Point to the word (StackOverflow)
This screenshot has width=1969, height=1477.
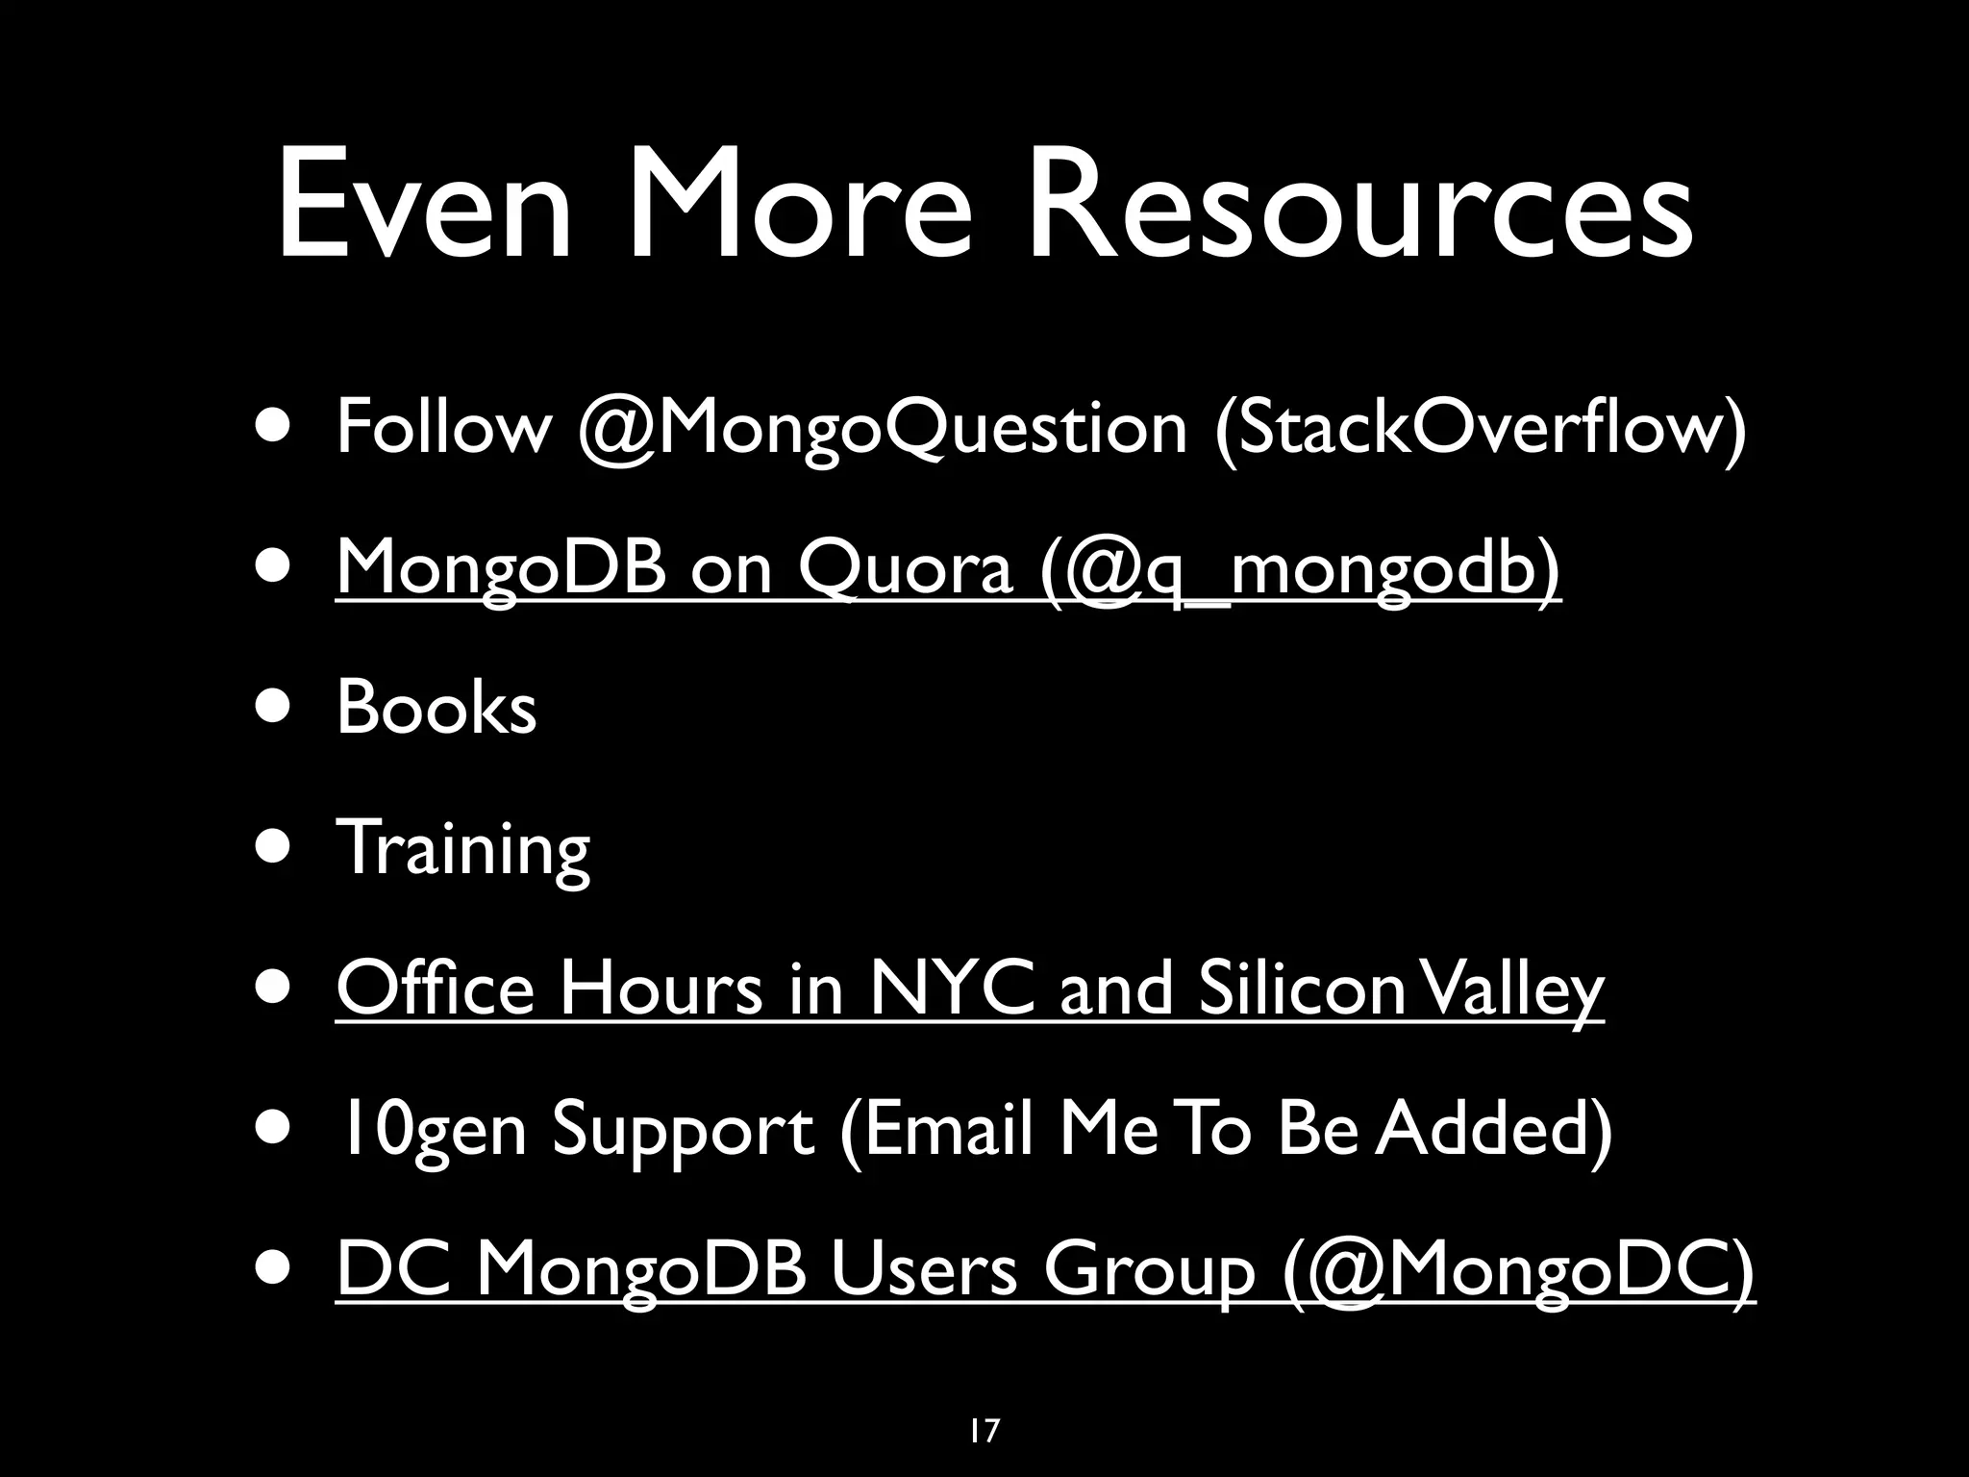tap(1480, 428)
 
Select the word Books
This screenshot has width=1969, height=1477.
tap(436, 709)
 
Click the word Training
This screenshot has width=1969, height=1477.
tap(462, 849)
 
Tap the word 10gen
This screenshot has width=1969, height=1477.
tap(431, 1131)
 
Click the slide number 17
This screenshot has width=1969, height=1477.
tap(984, 1404)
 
